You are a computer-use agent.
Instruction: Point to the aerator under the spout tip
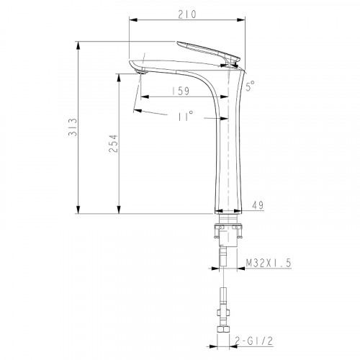pyautogui.click(x=139, y=70)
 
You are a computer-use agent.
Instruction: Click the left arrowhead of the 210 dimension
pyautogui.click(x=131, y=22)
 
